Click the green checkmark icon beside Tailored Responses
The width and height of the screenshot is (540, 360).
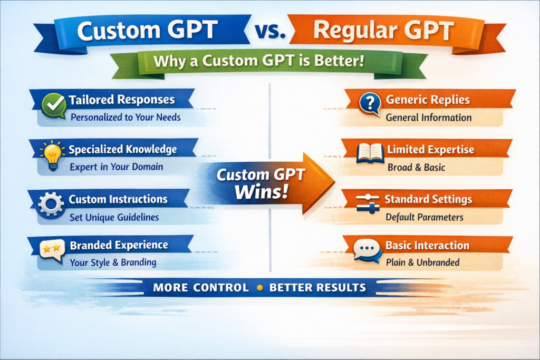(54, 105)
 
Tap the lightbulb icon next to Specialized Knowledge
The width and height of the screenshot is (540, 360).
(52, 155)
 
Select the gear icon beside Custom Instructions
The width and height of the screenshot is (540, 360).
(51, 204)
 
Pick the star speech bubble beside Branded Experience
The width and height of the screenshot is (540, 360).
(52, 250)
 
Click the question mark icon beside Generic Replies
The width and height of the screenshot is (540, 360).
(370, 103)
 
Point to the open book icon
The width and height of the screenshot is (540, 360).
(370, 153)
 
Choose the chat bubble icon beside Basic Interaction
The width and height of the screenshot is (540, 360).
(368, 250)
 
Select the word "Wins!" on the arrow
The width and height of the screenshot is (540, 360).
(262, 191)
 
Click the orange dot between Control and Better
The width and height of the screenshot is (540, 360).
(260, 288)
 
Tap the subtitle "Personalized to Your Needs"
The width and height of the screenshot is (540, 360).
(126, 118)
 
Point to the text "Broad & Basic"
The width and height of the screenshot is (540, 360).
(417, 167)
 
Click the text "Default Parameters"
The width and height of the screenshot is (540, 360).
(425, 217)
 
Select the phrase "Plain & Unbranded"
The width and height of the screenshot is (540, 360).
(422, 262)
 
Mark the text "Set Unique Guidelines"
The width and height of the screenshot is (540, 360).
(114, 218)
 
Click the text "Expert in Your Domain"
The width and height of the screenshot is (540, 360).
(117, 167)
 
